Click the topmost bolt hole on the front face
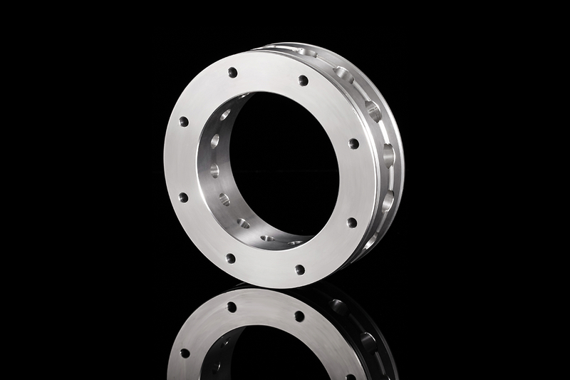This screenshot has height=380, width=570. [232, 72]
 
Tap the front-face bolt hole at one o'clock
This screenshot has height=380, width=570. [303, 80]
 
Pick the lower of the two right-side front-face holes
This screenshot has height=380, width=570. [351, 222]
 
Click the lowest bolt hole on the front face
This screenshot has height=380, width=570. [300, 269]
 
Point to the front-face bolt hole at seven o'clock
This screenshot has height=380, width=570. [230, 258]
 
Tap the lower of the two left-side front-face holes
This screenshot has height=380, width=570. [183, 197]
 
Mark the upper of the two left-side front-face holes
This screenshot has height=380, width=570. [184, 121]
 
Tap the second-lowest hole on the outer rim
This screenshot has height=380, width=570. [388, 202]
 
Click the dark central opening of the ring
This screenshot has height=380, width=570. [285, 164]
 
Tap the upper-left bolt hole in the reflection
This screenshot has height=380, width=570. [232, 307]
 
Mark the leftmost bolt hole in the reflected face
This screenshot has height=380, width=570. [185, 353]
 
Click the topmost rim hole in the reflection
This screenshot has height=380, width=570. [339, 307]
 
